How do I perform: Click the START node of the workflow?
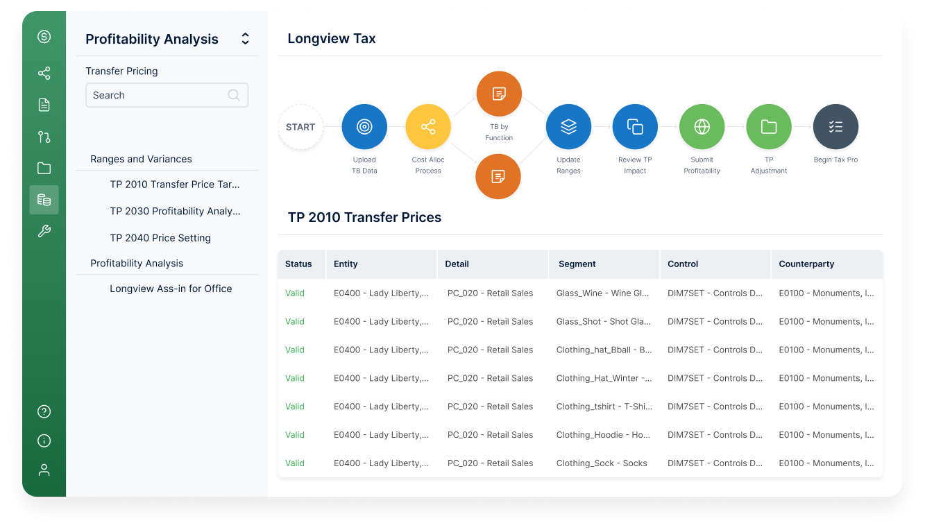click(x=300, y=127)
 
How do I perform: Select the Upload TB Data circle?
click(x=364, y=127)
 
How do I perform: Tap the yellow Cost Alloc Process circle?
click(x=428, y=127)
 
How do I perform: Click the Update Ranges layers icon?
click(x=568, y=127)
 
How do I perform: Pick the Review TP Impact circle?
click(x=635, y=127)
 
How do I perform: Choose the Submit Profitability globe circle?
click(x=702, y=127)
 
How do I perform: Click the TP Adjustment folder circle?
click(x=768, y=127)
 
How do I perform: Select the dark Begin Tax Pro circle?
click(x=835, y=127)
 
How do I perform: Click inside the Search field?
click(x=160, y=96)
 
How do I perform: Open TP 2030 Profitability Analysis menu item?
click(x=175, y=211)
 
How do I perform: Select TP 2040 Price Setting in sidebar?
click(x=160, y=238)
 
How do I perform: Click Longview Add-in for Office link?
click(x=171, y=289)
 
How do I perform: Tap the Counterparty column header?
click(x=806, y=264)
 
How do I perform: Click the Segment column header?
click(x=577, y=264)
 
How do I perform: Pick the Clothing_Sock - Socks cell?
click(x=602, y=463)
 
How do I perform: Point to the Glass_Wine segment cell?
click(x=602, y=293)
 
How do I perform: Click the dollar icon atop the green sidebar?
click(x=44, y=37)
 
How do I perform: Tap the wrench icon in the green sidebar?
click(x=44, y=231)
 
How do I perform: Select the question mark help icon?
click(x=44, y=411)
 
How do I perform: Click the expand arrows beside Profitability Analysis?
click(x=245, y=39)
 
